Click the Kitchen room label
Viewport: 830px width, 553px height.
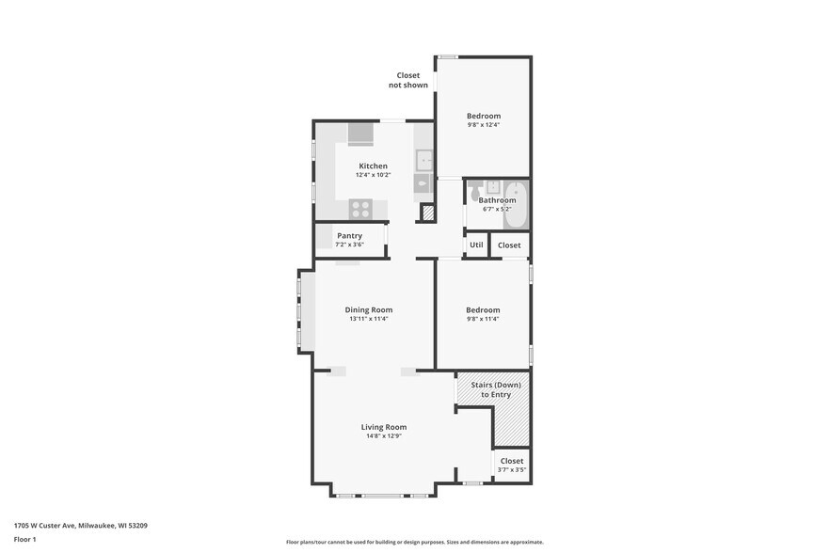[x=373, y=166]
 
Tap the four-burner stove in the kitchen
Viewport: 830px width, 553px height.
[x=361, y=209]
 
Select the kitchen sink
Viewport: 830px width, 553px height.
[x=424, y=159]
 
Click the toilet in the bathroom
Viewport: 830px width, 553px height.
[x=476, y=192]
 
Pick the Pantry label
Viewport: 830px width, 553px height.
[x=349, y=236]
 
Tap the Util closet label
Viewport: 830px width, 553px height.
[x=476, y=245]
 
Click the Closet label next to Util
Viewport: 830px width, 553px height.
[x=509, y=245]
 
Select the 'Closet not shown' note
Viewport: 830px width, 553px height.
[x=408, y=80]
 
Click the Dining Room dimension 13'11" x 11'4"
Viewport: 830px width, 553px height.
[x=369, y=319]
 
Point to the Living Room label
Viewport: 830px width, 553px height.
[x=384, y=427]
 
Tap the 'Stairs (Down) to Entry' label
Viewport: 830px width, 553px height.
[x=490, y=389]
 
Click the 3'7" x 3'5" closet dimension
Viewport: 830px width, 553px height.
[x=512, y=470]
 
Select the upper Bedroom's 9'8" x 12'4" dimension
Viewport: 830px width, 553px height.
[x=484, y=125]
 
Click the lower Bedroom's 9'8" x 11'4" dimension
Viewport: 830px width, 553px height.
[x=483, y=319]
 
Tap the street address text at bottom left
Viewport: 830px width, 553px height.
[x=80, y=526]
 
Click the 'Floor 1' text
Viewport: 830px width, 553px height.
[x=24, y=539]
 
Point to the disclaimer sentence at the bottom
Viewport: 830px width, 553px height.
[x=414, y=542]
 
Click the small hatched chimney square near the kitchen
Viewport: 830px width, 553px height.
[x=428, y=214]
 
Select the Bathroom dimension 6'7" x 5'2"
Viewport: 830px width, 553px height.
[x=497, y=209]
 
